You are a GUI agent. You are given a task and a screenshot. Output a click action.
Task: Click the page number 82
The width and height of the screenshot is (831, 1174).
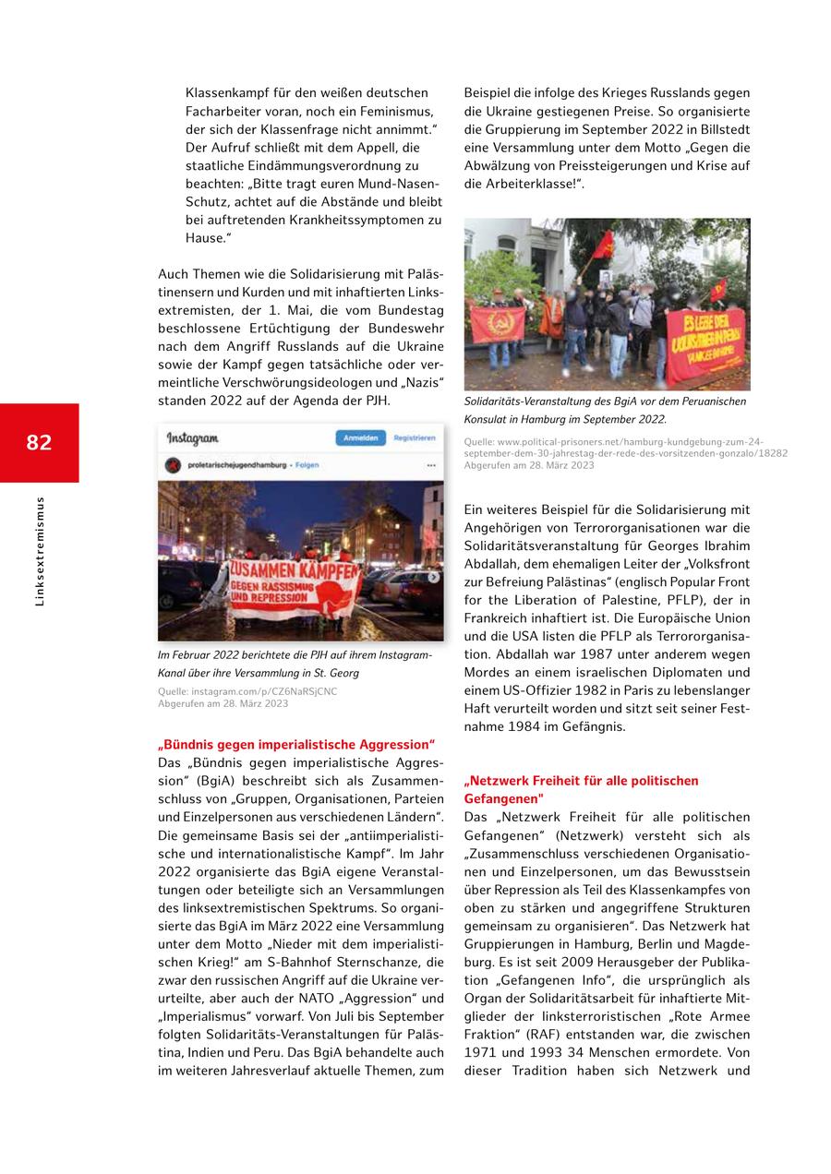click(x=39, y=443)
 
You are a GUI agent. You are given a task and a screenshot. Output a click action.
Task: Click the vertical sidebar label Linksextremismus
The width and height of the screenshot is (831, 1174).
click(x=39, y=551)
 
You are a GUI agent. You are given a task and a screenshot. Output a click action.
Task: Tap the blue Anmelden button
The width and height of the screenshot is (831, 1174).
click(x=360, y=438)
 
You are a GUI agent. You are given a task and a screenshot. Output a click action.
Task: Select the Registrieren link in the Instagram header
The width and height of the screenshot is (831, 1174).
click(x=414, y=438)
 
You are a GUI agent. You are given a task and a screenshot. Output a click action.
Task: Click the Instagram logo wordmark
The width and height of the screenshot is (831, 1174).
click(x=192, y=439)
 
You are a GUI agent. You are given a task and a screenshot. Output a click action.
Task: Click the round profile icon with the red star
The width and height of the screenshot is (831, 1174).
click(x=172, y=465)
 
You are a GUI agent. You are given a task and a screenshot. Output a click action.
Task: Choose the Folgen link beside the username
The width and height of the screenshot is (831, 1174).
click(x=307, y=465)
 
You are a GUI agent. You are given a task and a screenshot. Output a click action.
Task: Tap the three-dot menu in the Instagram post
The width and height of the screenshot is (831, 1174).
click(x=431, y=465)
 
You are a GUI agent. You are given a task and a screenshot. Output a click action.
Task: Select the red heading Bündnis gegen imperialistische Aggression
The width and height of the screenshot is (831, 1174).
click(x=295, y=745)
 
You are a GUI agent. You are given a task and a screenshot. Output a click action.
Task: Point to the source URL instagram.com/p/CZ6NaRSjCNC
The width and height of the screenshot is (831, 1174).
click(x=247, y=691)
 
